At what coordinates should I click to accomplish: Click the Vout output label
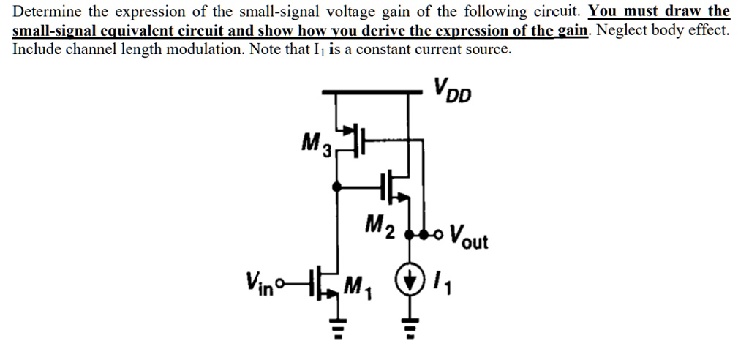click(467, 236)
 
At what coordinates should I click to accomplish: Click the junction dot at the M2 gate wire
click(336, 187)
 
